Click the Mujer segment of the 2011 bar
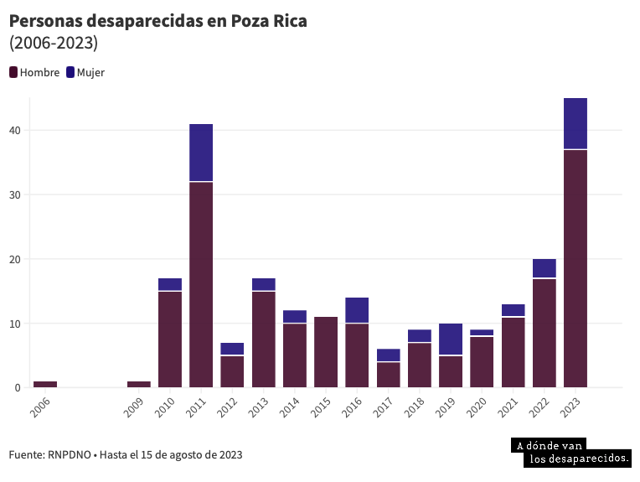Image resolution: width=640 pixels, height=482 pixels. pos(201,153)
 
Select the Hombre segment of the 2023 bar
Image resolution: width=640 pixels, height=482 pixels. pos(575,268)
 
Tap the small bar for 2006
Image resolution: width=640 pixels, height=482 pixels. pos(45,384)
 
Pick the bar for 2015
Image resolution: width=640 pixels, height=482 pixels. pos(326,352)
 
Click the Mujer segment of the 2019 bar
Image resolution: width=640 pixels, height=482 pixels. pos(451,339)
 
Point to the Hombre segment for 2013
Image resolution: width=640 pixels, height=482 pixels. pos(264,339)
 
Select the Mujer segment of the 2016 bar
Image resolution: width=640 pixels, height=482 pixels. pos(357,310)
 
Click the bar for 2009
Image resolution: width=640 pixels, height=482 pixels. pos(139,384)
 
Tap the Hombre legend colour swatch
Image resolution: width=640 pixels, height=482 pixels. pos(13,72)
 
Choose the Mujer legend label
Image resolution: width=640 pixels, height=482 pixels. pos(90,72)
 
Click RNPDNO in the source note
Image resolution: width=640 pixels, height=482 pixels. pos(70,455)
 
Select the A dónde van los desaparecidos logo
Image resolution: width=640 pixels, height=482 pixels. pos(570,453)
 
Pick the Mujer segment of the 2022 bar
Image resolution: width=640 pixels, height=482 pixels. pos(545,268)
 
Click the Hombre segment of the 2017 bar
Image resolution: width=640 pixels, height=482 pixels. pos(389,375)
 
